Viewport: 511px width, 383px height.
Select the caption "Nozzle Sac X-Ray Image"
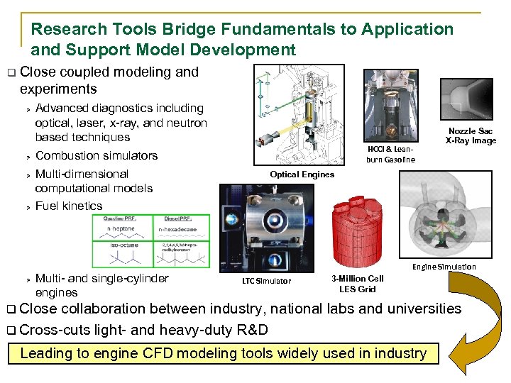pos(471,135)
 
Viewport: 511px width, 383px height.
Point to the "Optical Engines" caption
pos(302,174)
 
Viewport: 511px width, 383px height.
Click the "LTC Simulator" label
pos(266,282)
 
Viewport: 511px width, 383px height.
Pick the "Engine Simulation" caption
pos(444,267)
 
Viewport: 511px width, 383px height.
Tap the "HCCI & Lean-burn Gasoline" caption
pos(390,155)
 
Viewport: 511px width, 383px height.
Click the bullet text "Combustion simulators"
pos(97,156)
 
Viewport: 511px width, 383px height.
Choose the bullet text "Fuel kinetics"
pos(69,206)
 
